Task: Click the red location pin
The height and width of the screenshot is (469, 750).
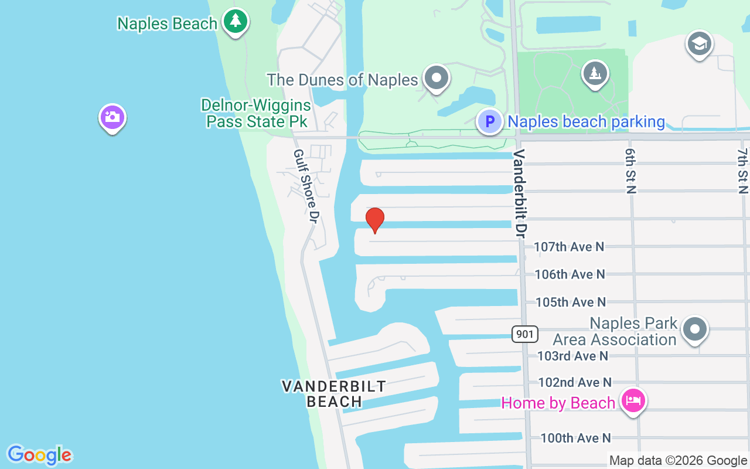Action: [x=375, y=220]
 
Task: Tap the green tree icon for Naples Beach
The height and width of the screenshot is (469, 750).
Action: [x=236, y=21]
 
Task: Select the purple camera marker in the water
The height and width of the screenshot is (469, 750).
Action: [x=112, y=118]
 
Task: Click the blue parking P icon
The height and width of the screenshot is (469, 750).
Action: [x=489, y=122]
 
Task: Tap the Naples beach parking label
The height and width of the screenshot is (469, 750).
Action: [x=586, y=122]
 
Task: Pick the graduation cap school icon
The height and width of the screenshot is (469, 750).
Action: [x=699, y=44]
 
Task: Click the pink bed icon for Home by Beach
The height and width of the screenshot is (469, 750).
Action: [x=633, y=402]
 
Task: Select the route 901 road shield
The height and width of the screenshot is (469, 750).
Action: [x=524, y=334]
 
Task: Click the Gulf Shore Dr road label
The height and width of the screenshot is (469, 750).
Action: [x=305, y=185]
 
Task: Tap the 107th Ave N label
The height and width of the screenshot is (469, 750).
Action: [x=568, y=247]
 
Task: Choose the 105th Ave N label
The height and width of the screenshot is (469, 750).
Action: [x=570, y=302]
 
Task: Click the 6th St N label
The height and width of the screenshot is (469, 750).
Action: [x=630, y=170]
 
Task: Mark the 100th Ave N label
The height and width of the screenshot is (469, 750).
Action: [x=575, y=438]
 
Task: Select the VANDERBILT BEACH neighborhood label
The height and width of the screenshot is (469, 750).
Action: [x=334, y=394]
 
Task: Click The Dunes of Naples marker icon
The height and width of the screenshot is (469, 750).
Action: [x=436, y=77]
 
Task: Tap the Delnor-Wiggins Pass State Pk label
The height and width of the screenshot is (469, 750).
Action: [x=255, y=113]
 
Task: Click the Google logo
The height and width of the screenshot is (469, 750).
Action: [x=40, y=455]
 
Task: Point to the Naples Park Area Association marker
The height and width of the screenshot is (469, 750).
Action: [x=695, y=329]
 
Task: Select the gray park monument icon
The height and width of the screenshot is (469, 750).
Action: [x=595, y=74]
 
